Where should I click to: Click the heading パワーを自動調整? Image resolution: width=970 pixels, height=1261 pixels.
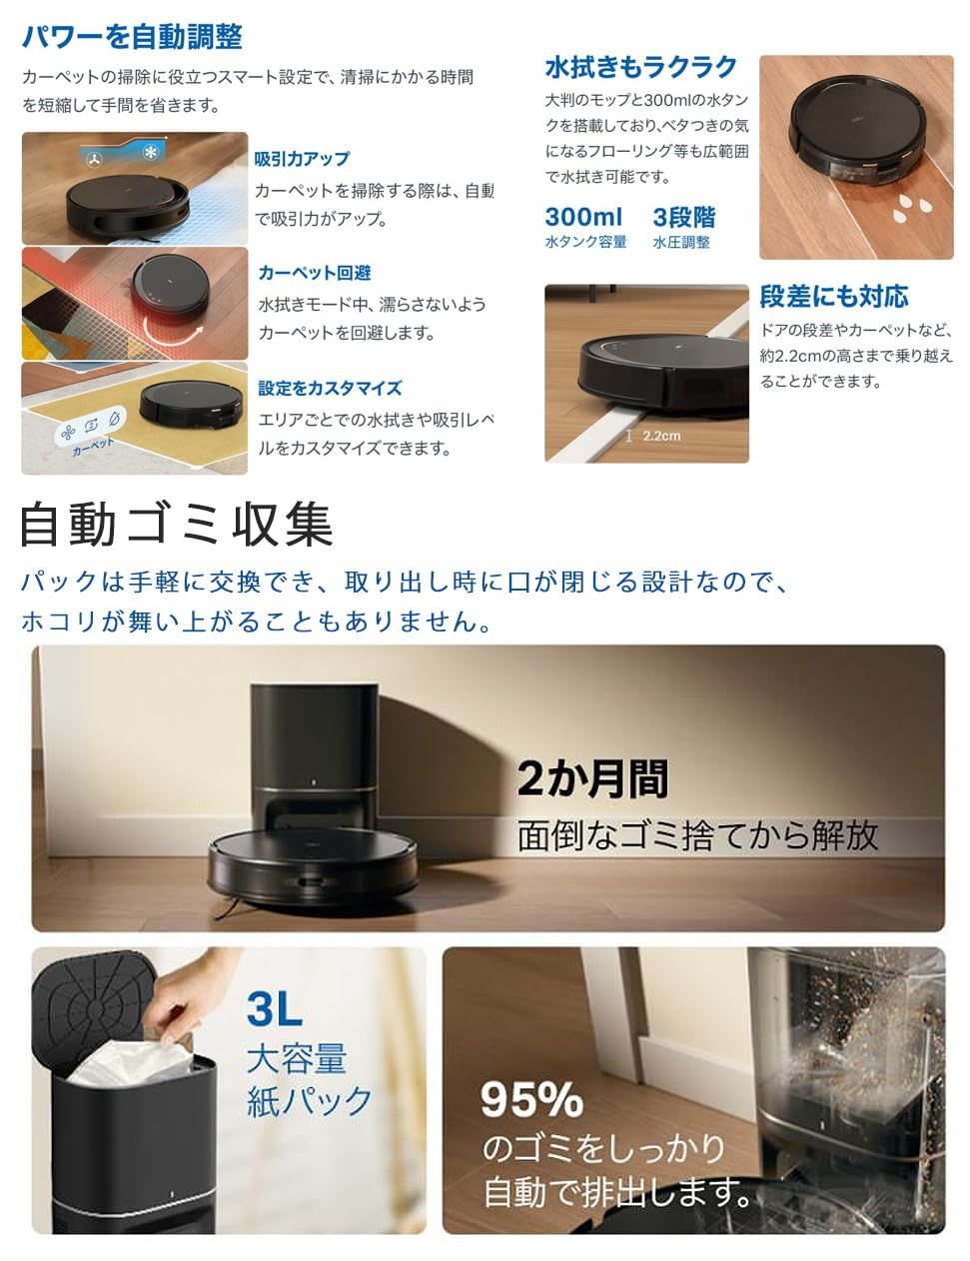tap(133, 38)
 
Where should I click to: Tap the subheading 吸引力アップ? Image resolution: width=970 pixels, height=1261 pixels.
tap(302, 159)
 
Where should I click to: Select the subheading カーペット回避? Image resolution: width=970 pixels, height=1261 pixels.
tap(315, 273)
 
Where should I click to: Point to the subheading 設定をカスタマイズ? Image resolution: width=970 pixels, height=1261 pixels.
tap(330, 388)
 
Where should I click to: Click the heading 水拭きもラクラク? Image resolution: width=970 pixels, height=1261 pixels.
tap(640, 67)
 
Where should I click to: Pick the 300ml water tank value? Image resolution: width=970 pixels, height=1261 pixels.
tap(583, 217)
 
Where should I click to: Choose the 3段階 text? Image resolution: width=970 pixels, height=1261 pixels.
tap(684, 217)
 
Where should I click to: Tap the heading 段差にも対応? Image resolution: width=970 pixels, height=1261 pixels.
tap(834, 296)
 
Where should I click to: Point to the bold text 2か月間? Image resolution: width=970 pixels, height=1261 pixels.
tap(592, 778)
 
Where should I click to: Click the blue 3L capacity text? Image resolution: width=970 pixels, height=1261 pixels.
tap(275, 1009)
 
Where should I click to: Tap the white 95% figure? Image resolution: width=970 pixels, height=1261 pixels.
tap(531, 1100)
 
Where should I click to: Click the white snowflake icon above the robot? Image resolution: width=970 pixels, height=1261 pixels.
tap(154, 153)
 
